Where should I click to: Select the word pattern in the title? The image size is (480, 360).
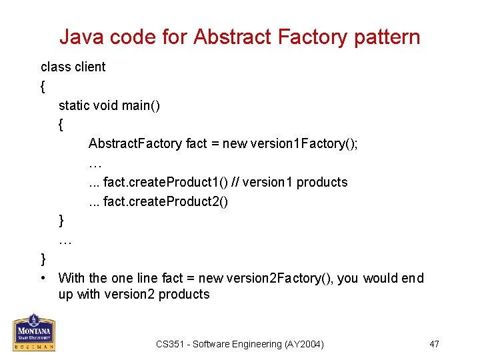tap(388, 37)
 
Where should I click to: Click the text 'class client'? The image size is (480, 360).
tap(73, 67)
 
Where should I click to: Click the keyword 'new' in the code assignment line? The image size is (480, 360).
tap(234, 144)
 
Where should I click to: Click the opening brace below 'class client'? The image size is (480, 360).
tap(43, 86)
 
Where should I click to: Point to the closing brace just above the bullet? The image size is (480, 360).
tap(43, 259)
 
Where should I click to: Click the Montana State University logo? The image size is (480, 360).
tap(34, 332)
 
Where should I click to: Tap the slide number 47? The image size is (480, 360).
tap(434, 344)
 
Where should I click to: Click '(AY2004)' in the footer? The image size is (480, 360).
tap(304, 344)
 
